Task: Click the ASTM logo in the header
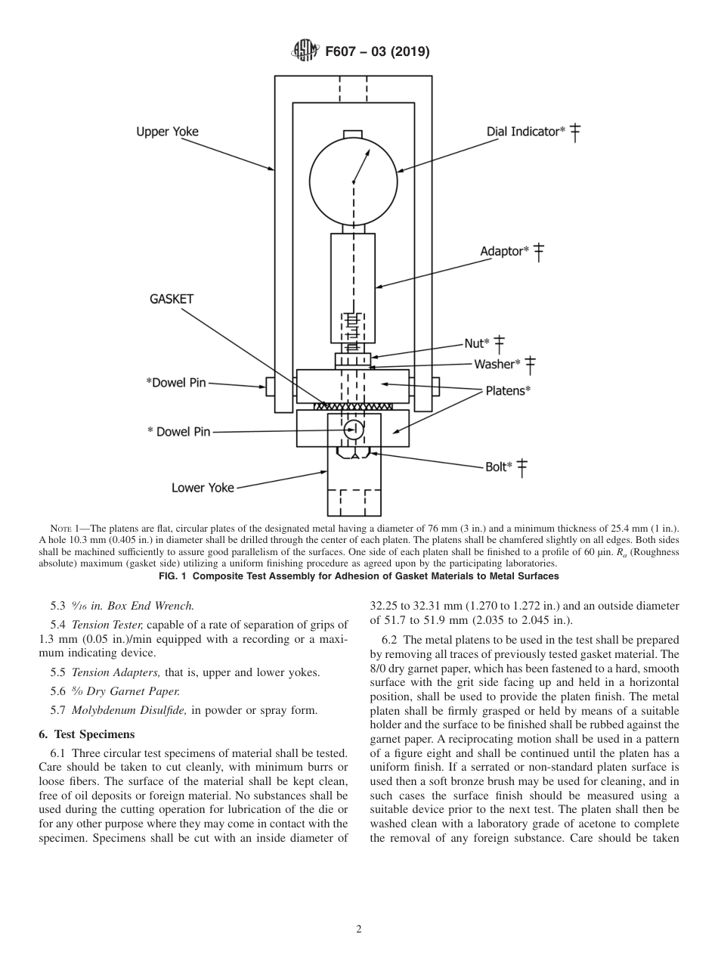coord(305,51)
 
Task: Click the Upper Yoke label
coord(167,132)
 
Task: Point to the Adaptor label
coord(504,251)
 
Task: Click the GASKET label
coord(171,299)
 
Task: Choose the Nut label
coord(476,343)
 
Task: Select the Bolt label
coord(498,467)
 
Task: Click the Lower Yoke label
coord(203,488)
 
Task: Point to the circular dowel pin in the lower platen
coord(353,430)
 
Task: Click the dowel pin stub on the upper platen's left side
coord(270,386)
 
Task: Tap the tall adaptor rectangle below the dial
coord(353,287)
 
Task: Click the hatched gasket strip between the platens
coord(353,406)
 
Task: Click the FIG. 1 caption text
coord(359,576)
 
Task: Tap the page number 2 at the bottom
coord(359,929)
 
